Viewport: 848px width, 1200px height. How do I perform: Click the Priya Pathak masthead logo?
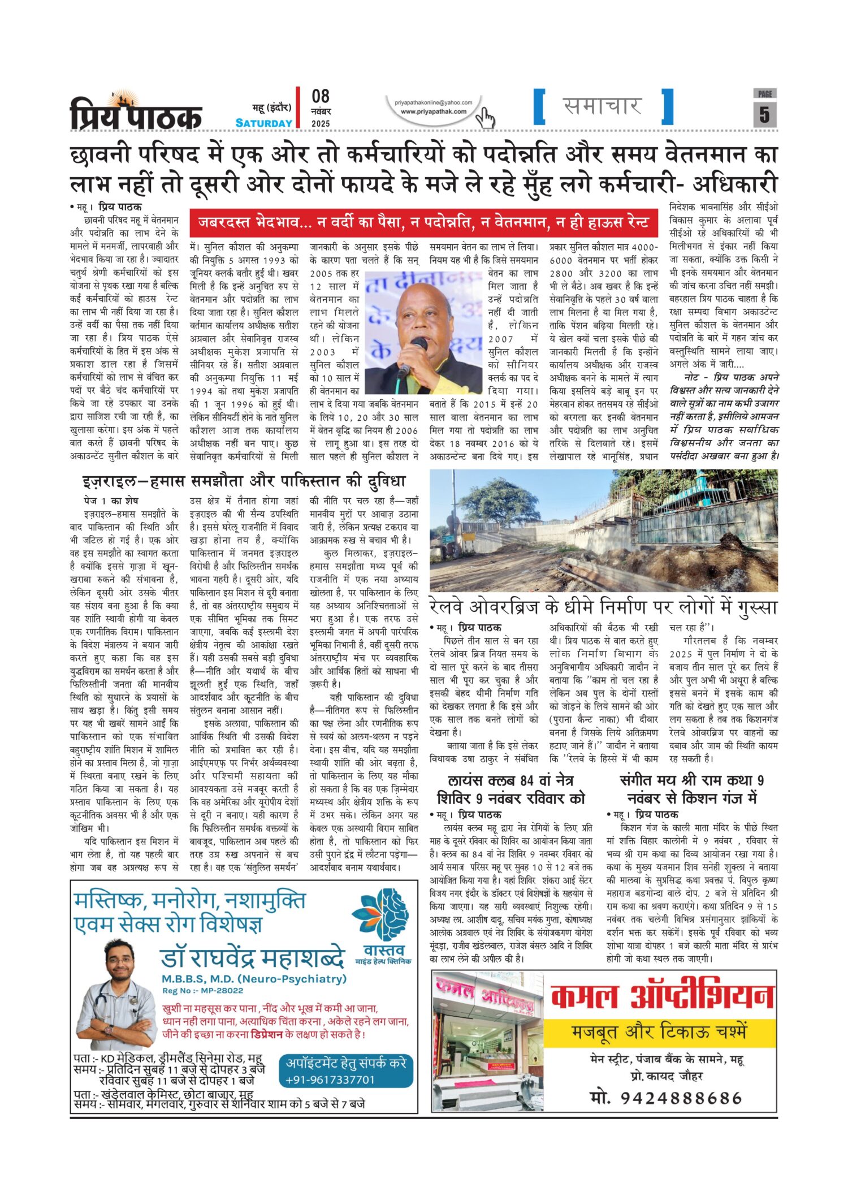pyautogui.click(x=136, y=112)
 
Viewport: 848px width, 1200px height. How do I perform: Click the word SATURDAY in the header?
pyautogui.click(x=263, y=123)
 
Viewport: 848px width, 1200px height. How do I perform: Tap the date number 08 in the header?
pyautogui.click(x=321, y=97)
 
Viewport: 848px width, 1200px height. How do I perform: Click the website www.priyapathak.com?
pyautogui.click(x=434, y=111)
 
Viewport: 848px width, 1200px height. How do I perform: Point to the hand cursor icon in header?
pyautogui.click(x=485, y=118)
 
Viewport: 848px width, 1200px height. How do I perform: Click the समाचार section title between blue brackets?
pyautogui.click(x=603, y=106)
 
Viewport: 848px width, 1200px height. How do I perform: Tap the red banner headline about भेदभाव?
pyautogui.click(x=423, y=223)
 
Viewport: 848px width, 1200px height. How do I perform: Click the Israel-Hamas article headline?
pyautogui.click(x=244, y=481)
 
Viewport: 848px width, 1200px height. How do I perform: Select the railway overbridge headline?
pyautogui.click(x=603, y=607)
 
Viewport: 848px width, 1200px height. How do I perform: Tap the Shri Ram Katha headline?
pyautogui.click(x=691, y=789)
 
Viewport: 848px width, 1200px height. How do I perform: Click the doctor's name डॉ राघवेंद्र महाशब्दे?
pyautogui.click(x=252, y=957)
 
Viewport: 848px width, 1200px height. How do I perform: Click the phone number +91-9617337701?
pyautogui.click(x=330, y=1080)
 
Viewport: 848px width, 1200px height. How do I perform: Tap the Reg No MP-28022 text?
pyautogui.click(x=203, y=990)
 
